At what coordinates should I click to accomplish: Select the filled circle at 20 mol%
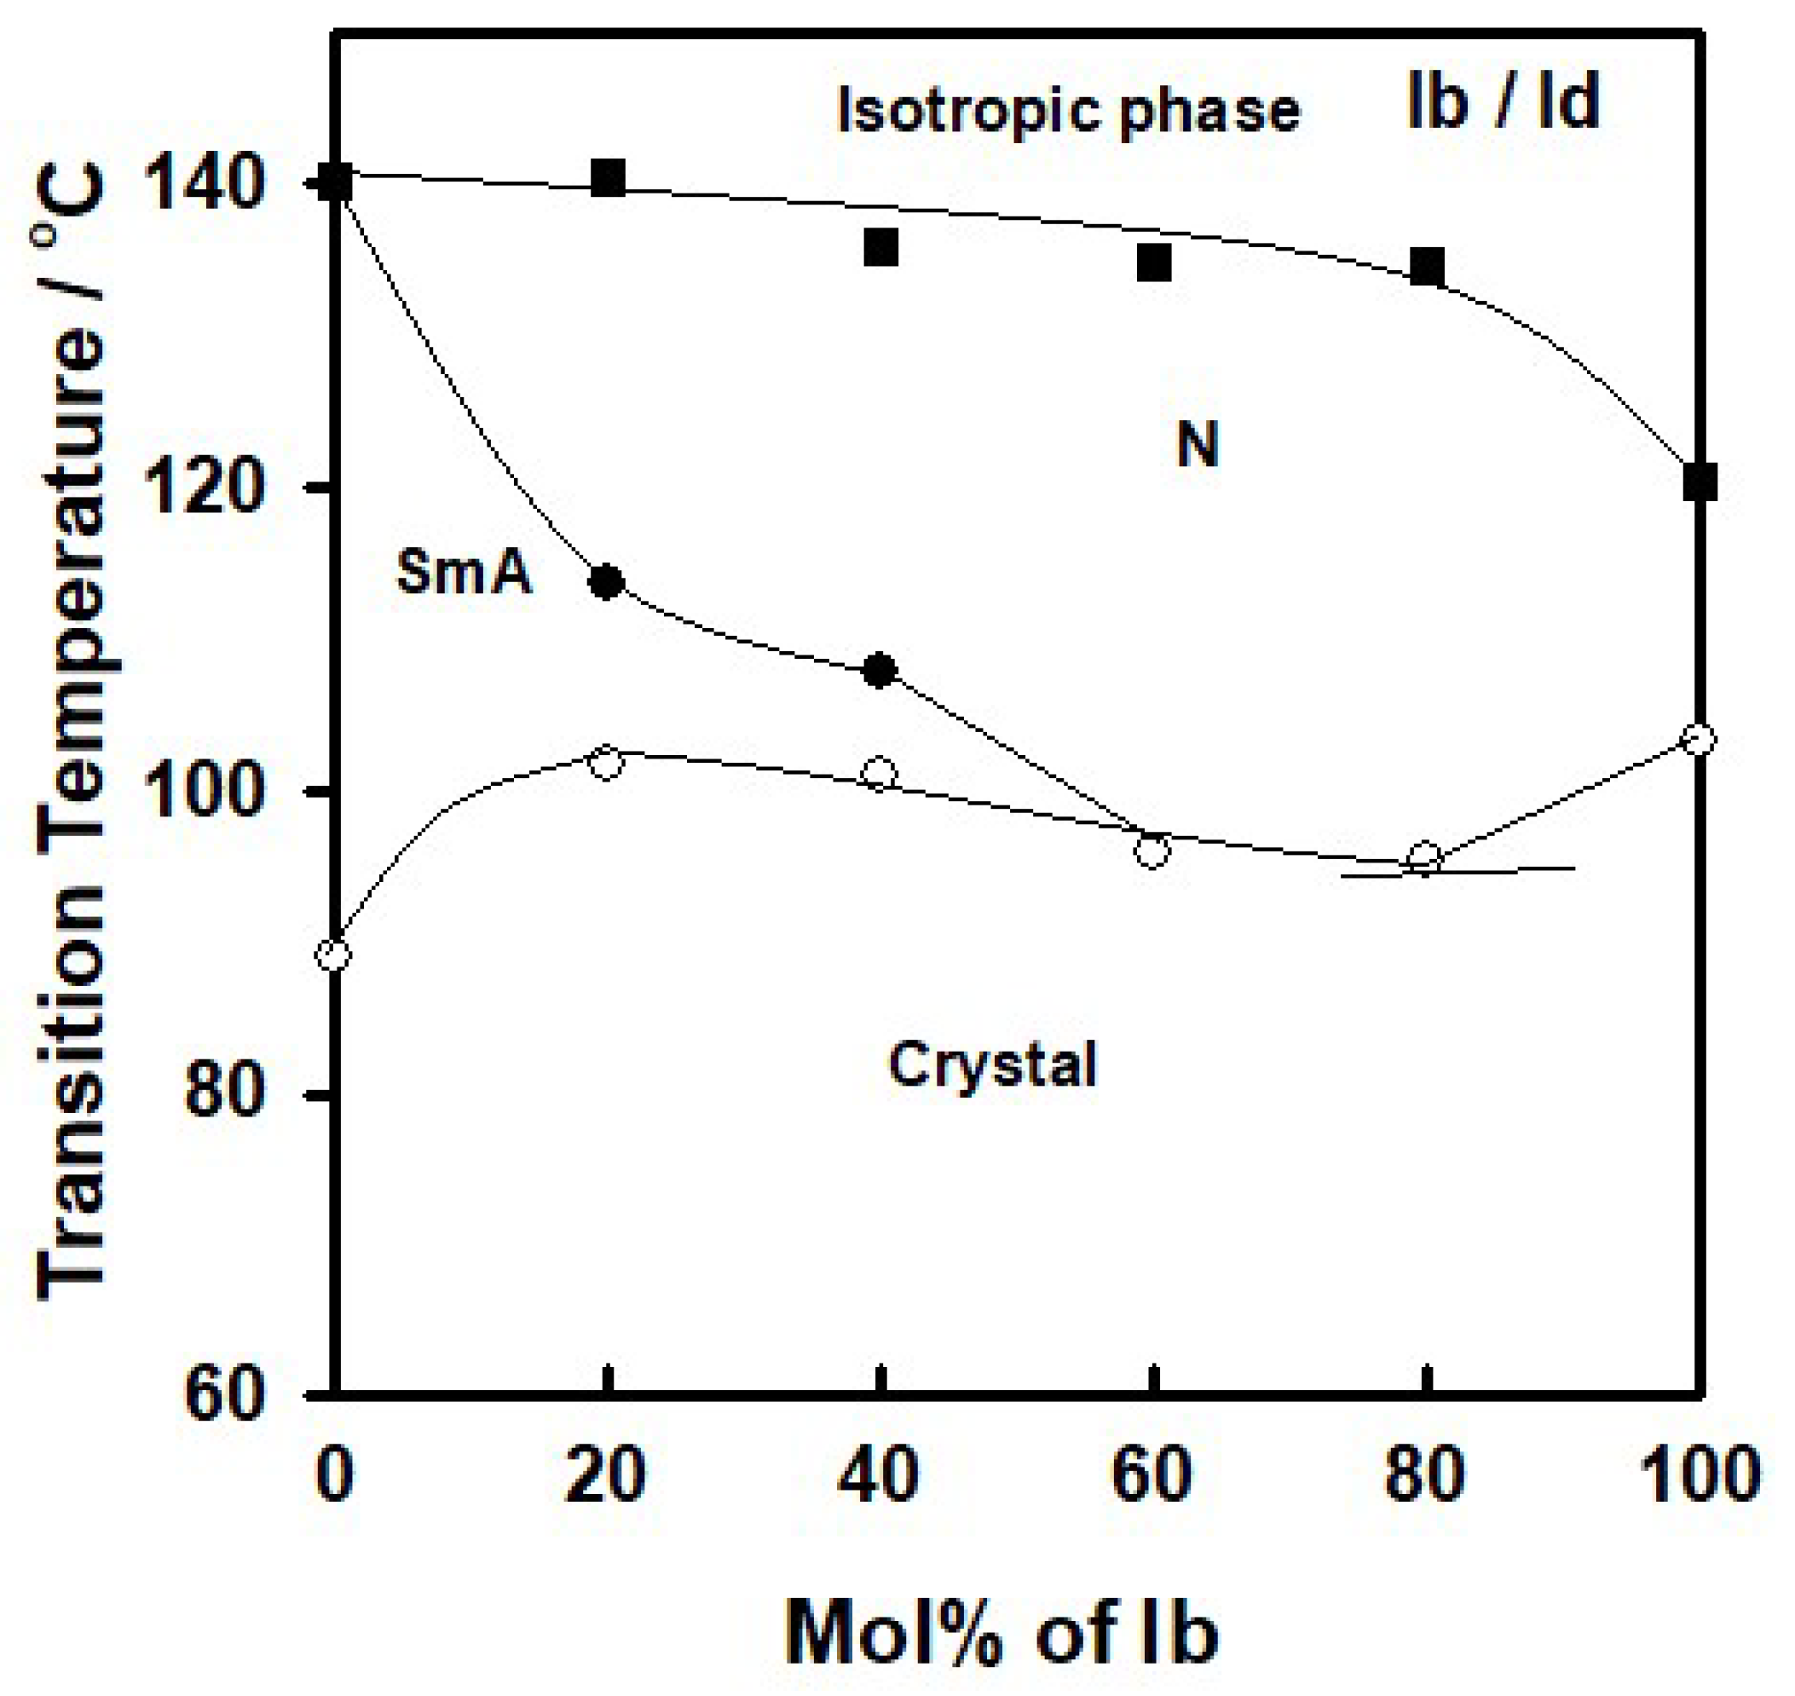(x=607, y=581)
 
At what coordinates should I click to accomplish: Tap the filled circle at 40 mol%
(x=880, y=671)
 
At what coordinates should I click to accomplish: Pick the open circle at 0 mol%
(x=333, y=954)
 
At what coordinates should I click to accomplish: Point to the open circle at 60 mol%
(x=1152, y=851)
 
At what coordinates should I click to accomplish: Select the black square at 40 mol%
(x=880, y=247)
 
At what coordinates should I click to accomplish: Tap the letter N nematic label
(x=1198, y=445)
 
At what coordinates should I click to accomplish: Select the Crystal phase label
(x=992, y=1065)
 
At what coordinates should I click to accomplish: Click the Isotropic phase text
(x=1068, y=110)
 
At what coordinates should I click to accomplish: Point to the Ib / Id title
(x=1502, y=102)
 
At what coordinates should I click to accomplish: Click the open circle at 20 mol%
(x=606, y=762)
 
